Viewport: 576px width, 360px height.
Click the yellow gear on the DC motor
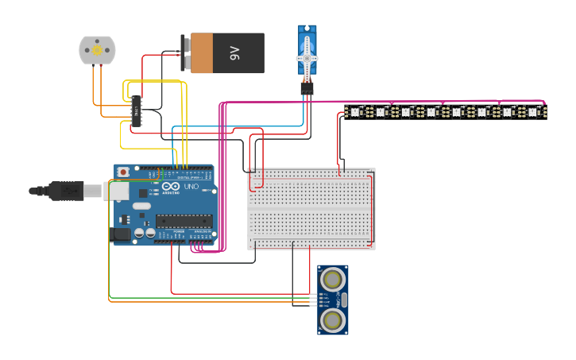(x=97, y=50)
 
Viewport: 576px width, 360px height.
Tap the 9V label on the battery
(x=234, y=53)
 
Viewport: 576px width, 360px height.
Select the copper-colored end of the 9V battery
(x=202, y=53)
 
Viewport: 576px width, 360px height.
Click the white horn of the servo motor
(x=307, y=57)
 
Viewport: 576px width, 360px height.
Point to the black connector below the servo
(x=307, y=89)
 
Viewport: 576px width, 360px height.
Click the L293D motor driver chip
(x=137, y=111)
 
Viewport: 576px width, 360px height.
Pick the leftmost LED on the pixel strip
(x=355, y=112)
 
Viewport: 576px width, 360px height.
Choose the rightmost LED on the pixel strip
(x=533, y=112)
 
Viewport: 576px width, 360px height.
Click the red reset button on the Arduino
(x=123, y=172)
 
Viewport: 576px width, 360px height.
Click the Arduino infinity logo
(x=171, y=188)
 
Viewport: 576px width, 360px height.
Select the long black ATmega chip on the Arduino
(x=184, y=220)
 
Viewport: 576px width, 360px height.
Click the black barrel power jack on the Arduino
(x=121, y=234)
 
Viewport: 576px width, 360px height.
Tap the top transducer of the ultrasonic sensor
(x=332, y=278)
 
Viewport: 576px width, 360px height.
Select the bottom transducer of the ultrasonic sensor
(x=332, y=319)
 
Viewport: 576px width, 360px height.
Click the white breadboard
(x=311, y=208)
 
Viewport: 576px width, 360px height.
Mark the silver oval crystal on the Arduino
(x=141, y=206)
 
